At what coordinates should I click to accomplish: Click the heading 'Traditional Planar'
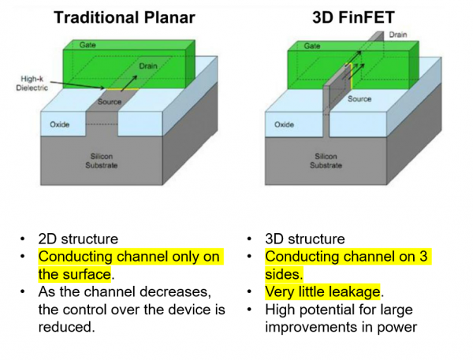pyautogui.click(x=125, y=17)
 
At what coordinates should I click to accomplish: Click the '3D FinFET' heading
pyautogui.click(x=353, y=17)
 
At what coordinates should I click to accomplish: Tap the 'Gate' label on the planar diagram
pyautogui.click(x=88, y=45)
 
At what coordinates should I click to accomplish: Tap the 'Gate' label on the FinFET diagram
pyautogui.click(x=311, y=46)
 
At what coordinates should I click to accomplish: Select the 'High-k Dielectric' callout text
pyautogui.click(x=32, y=84)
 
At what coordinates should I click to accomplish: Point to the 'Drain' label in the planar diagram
pyautogui.click(x=148, y=66)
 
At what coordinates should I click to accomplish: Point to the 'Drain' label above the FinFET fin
pyautogui.click(x=398, y=35)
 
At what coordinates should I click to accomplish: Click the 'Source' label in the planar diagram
pyautogui.click(x=110, y=102)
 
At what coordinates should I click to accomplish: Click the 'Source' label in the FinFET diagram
pyautogui.click(x=359, y=99)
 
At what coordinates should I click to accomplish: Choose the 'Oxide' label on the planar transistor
pyautogui.click(x=59, y=124)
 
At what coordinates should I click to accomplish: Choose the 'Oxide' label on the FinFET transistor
pyautogui.click(x=284, y=124)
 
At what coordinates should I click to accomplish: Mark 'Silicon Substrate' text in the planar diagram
pyautogui.click(x=102, y=161)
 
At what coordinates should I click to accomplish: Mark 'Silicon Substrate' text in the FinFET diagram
pyautogui.click(x=326, y=161)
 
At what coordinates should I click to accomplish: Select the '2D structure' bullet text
pyautogui.click(x=78, y=239)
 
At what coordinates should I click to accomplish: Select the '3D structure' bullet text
pyautogui.click(x=305, y=239)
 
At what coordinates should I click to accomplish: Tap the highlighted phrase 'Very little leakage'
pyautogui.click(x=322, y=291)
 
